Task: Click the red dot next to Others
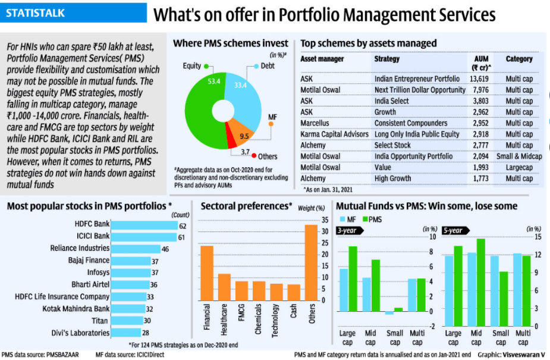(x=254, y=156)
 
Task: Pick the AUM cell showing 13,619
(x=479, y=79)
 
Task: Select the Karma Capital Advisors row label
(x=334, y=134)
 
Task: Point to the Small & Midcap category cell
(x=519, y=156)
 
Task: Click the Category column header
(x=519, y=59)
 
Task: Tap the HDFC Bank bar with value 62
(x=144, y=226)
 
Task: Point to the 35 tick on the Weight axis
(x=324, y=220)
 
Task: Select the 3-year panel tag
(x=347, y=230)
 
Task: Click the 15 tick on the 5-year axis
(x=538, y=237)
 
